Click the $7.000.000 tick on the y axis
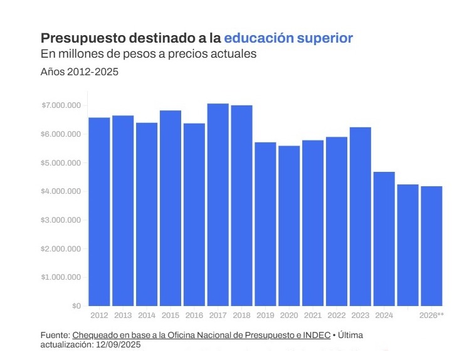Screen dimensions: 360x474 pyautogui.click(x=61, y=105)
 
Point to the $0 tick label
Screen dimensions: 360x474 pyautogui.click(x=76, y=306)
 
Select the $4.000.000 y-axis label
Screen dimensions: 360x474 pyautogui.click(x=61, y=191)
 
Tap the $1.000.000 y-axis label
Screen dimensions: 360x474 pyautogui.click(x=61, y=277)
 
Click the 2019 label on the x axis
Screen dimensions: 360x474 pyautogui.click(x=265, y=315)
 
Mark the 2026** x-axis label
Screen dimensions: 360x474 pyautogui.click(x=431, y=315)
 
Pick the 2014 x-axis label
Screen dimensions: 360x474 pyautogui.click(x=147, y=315)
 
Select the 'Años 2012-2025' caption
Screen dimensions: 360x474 pyautogui.click(x=79, y=72)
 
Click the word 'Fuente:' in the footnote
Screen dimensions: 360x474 pyautogui.click(x=55, y=336)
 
